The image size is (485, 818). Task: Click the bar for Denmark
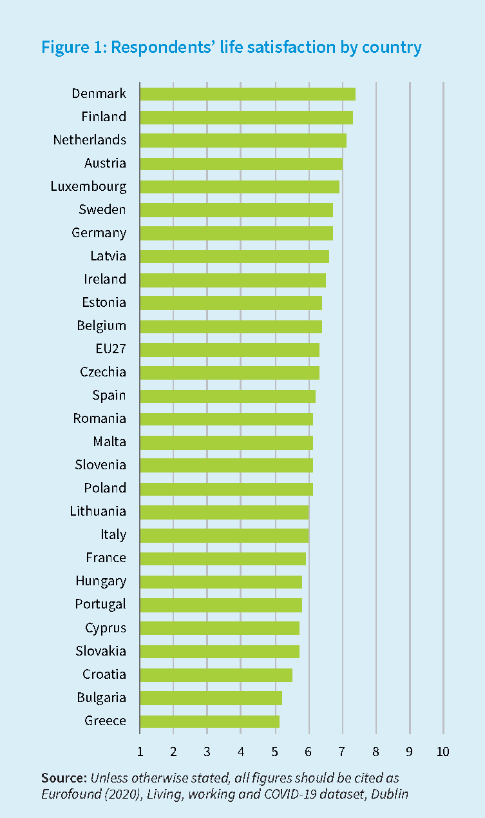[x=247, y=94]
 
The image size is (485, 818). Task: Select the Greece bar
[x=209, y=721]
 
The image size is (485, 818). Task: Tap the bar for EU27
[x=229, y=349]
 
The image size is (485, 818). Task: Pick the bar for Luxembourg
[x=239, y=187]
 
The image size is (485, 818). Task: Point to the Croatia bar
[x=216, y=675]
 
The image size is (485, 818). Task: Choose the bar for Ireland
[x=233, y=280]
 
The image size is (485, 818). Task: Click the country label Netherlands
[x=90, y=140]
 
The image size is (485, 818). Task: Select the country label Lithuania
[x=98, y=511]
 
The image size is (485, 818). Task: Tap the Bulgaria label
[x=101, y=697]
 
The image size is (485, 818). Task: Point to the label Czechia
[x=103, y=372]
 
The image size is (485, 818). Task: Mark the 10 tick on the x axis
[x=442, y=752]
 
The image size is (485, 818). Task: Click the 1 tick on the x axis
[x=140, y=752]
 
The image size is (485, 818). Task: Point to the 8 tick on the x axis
[x=376, y=752]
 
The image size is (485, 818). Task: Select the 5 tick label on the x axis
[x=275, y=752]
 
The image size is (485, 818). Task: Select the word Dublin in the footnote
[x=390, y=794]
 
